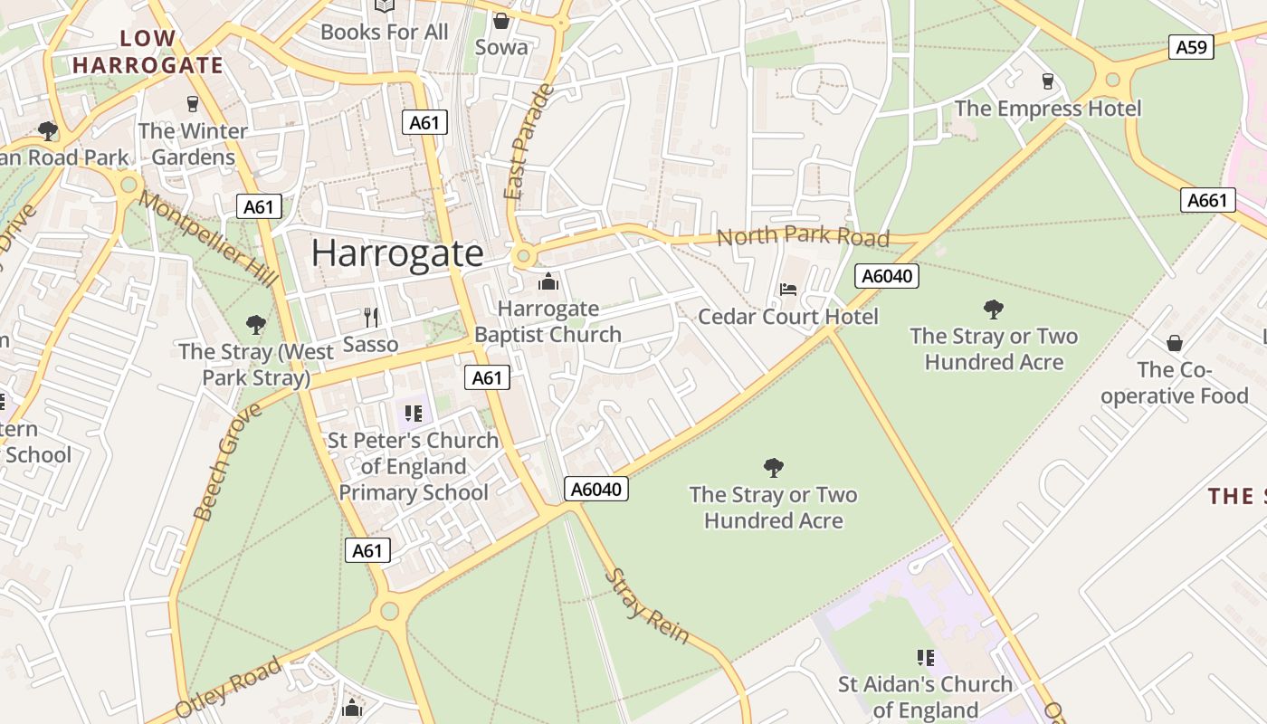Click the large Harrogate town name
click(x=397, y=252)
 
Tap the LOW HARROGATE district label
click(x=148, y=52)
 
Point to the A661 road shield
click(x=1207, y=200)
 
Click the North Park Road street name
click(x=803, y=236)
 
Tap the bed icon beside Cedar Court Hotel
click(x=788, y=290)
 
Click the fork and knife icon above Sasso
click(x=370, y=317)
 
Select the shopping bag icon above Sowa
click(x=500, y=20)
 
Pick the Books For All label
click(x=384, y=32)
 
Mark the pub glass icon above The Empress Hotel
click(x=1048, y=81)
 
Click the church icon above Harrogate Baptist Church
click(x=548, y=282)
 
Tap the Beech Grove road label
click(x=226, y=462)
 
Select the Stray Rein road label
click(x=647, y=605)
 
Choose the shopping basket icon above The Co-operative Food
click(x=1174, y=343)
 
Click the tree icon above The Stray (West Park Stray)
click(x=256, y=324)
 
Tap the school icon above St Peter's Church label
click(x=414, y=414)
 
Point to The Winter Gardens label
click(x=193, y=144)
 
